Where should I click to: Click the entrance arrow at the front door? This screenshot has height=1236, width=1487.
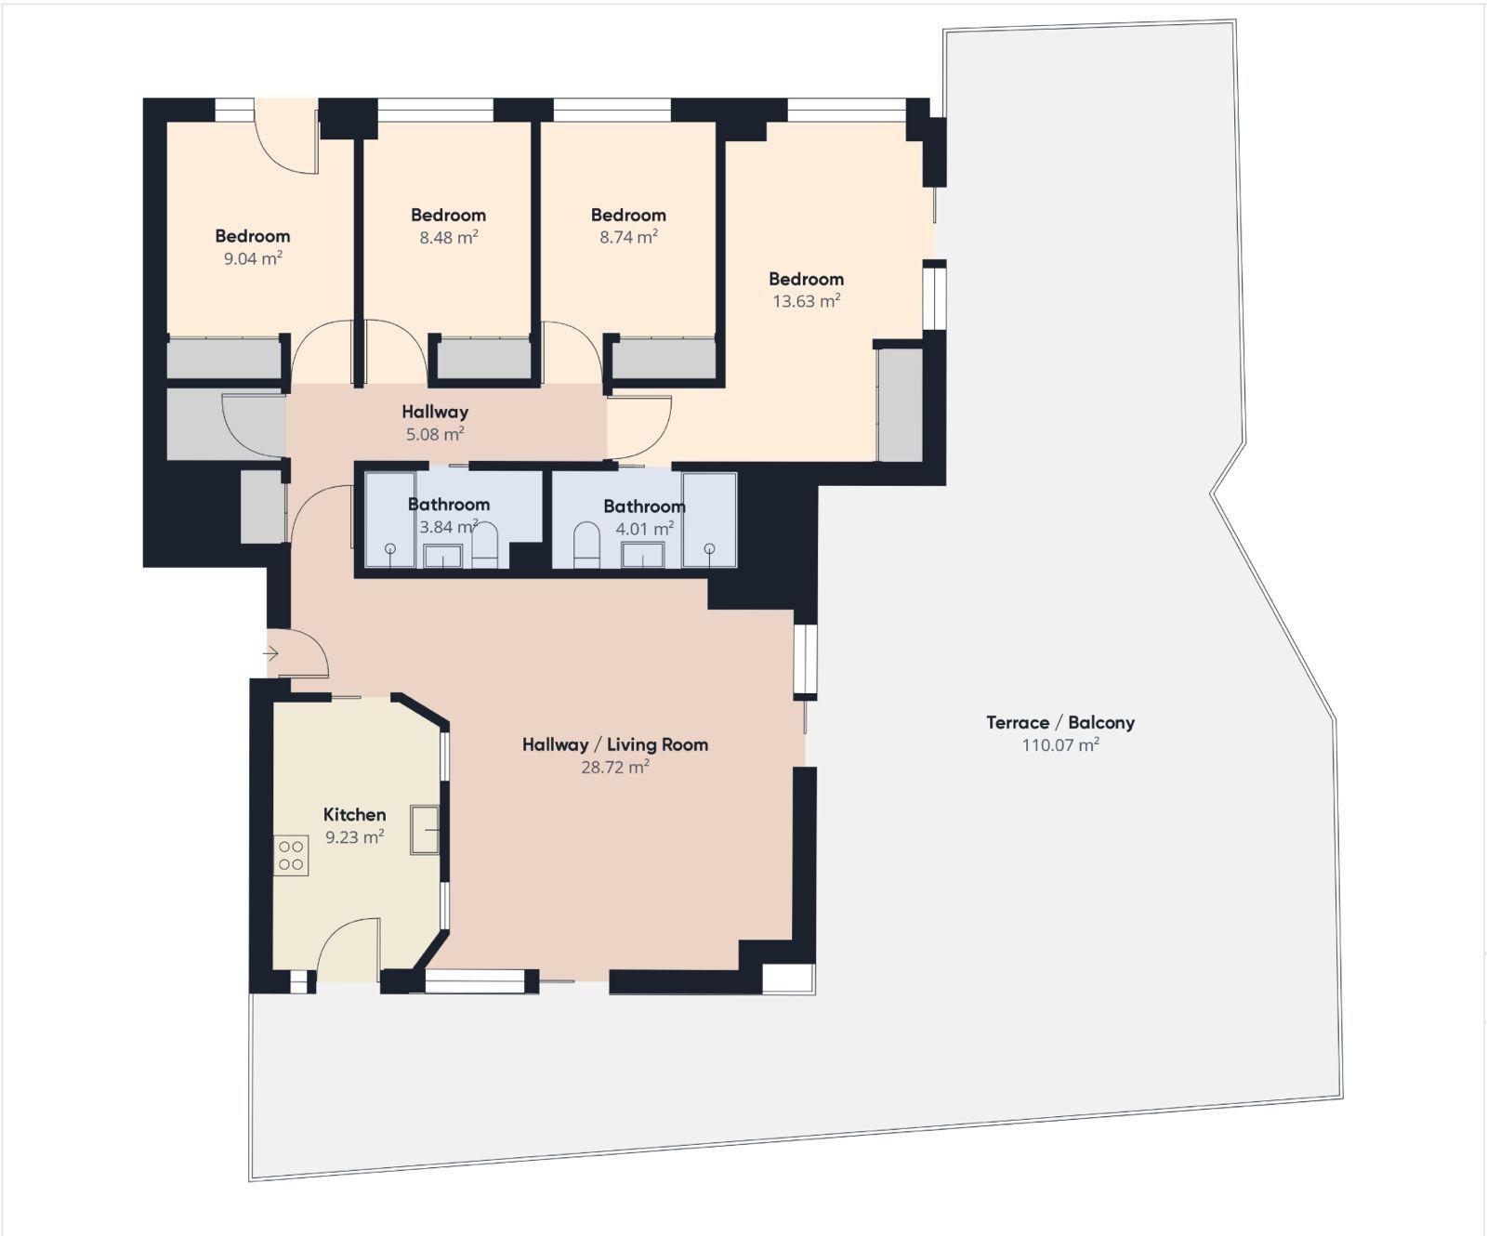pyautogui.click(x=270, y=653)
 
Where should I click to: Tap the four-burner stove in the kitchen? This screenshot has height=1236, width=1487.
pyautogui.click(x=291, y=856)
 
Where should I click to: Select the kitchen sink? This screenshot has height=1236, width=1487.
pyautogui.click(x=426, y=829)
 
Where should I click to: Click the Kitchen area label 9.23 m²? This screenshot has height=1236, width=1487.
pyautogui.click(x=354, y=837)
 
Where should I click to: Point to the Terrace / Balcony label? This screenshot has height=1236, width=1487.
pyautogui.click(x=1060, y=722)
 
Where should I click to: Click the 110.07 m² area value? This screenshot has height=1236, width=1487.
pyautogui.click(x=1060, y=745)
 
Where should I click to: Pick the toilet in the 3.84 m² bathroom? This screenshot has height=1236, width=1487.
pyautogui.click(x=485, y=547)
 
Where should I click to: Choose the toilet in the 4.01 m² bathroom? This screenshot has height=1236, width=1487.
pyautogui.click(x=586, y=545)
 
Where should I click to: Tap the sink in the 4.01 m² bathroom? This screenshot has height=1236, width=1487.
pyautogui.click(x=643, y=555)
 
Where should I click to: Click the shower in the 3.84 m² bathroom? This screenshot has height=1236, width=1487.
pyautogui.click(x=389, y=519)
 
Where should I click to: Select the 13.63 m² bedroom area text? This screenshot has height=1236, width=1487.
pyautogui.click(x=807, y=301)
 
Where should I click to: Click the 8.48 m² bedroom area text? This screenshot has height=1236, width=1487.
pyautogui.click(x=449, y=237)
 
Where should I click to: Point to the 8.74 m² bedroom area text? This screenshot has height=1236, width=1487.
pyautogui.click(x=628, y=237)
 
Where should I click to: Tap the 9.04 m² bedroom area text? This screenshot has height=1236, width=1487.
pyautogui.click(x=253, y=258)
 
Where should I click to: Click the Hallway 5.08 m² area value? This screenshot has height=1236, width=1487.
pyautogui.click(x=435, y=434)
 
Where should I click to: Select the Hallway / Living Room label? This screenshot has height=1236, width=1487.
pyautogui.click(x=615, y=744)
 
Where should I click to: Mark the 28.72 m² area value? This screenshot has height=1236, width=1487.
pyautogui.click(x=615, y=768)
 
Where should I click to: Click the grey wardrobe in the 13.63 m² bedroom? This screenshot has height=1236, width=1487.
pyautogui.click(x=901, y=404)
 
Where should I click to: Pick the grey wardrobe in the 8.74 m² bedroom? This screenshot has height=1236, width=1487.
pyautogui.click(x=665, y=359)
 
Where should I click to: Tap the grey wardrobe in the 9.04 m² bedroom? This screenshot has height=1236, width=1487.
pyautogui.click(x=223, y=359)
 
